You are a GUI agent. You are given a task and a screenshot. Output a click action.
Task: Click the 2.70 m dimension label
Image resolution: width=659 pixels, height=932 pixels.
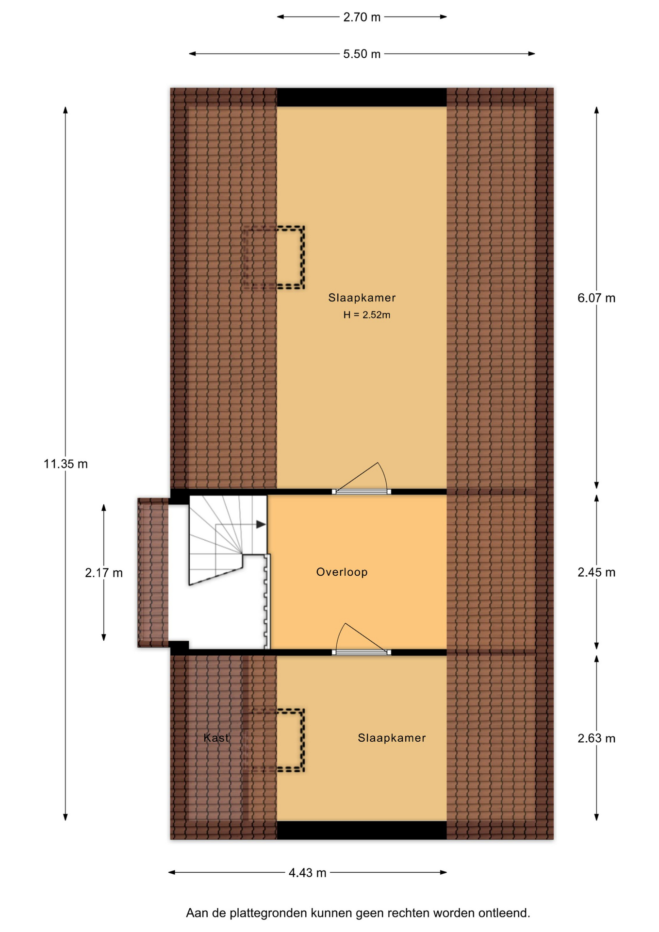click(362, 17)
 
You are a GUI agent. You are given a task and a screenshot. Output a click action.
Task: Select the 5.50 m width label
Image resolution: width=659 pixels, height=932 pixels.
click(362, 54)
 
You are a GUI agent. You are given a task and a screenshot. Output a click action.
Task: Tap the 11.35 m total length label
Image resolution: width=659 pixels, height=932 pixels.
click(66, 464)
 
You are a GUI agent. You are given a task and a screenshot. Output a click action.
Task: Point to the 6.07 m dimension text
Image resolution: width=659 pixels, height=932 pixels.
click(596, 298)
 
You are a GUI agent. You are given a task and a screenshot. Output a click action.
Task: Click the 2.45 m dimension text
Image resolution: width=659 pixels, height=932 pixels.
click(596, 572)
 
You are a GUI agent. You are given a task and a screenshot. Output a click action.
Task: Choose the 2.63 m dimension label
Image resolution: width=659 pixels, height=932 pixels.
click(596, 738)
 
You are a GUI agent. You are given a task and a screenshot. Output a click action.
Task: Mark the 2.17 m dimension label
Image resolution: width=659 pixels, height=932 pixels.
click(104, 573)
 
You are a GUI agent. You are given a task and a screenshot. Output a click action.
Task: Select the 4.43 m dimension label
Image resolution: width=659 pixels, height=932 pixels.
click(308, 873)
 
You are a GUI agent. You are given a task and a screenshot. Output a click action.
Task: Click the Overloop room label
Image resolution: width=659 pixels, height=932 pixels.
click(342, 572)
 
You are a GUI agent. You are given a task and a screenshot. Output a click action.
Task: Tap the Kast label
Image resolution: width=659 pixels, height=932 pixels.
click(216, 738)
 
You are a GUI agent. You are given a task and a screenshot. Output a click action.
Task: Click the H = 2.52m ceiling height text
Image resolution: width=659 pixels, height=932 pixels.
click(367, 315)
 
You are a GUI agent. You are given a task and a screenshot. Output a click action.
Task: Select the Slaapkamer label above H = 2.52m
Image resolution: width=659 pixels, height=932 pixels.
click(362, 298)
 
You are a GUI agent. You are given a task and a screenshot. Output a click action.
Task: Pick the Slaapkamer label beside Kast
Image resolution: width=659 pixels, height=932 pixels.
click(392, 738)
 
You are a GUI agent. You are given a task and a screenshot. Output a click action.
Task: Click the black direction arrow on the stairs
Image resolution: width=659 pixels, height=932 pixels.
click(261, 524)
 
